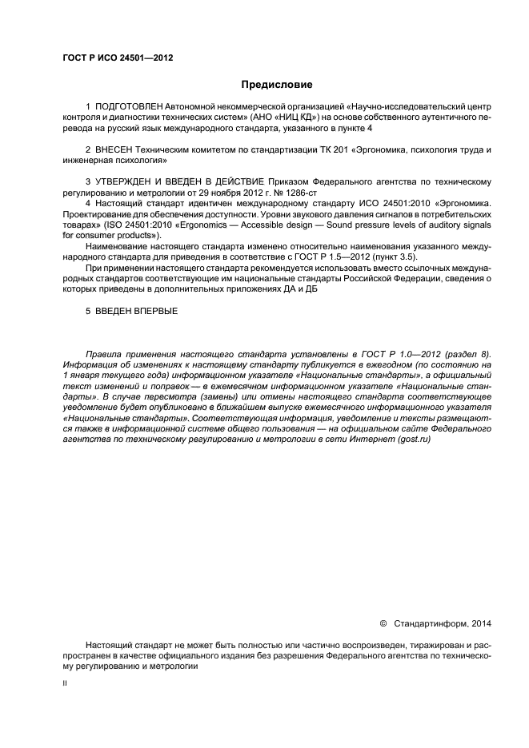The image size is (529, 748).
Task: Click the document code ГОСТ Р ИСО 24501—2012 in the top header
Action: pos(118,58)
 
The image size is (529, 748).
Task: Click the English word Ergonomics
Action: pos(226,226)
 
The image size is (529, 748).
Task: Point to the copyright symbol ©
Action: pos(383,623)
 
